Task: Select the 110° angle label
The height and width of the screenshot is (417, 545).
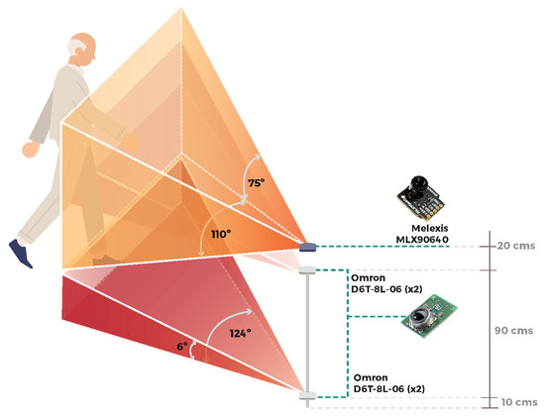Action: coord(220,234)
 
